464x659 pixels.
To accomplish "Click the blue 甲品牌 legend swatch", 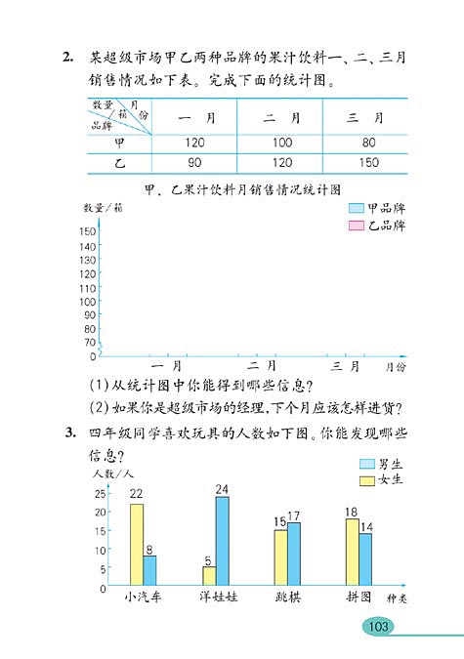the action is click(x=355, y=209).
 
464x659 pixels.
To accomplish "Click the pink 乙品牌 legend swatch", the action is click(x=355, y=227).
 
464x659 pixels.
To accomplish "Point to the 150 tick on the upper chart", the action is click(x=88, y=231).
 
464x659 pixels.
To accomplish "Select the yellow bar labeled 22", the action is click(x=137, y=544).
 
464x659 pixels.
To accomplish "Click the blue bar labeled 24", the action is click(x=222, y=540).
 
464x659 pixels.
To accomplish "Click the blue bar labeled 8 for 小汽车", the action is click(x=149, y=570).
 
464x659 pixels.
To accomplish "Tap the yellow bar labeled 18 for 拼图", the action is click(x=352, y=552).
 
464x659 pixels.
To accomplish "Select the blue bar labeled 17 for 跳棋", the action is click(x=294, y=554).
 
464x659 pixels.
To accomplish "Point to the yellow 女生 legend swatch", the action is click(x=367, y=480).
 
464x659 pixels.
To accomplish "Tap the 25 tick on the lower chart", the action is click(x=101, y=494).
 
